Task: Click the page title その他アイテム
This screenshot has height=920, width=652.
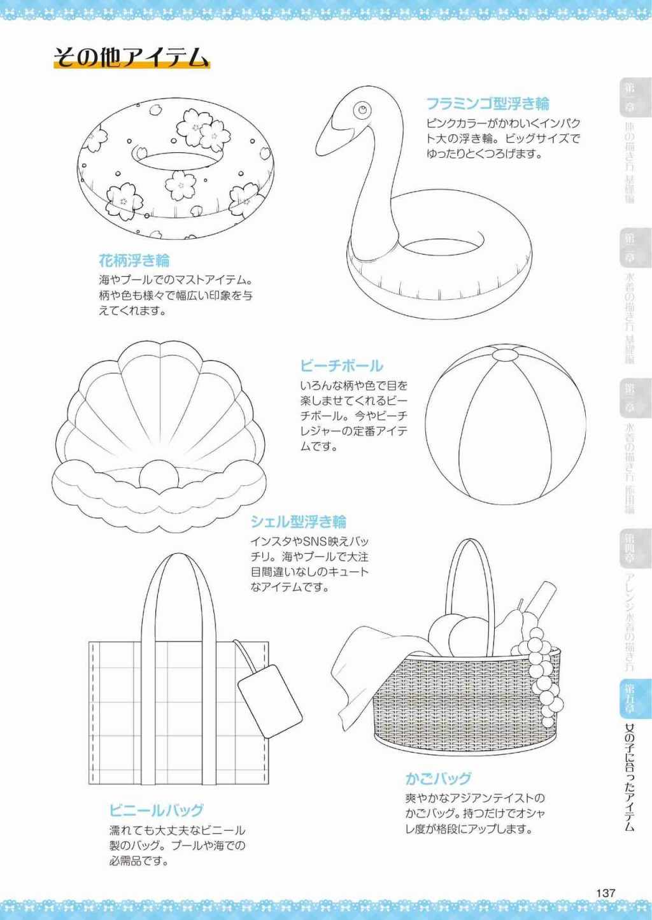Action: click(x=132, y=58)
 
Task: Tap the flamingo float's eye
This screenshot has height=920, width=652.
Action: click(x=362, y=110)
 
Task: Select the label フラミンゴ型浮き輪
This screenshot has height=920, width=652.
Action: click(x=487, y=103)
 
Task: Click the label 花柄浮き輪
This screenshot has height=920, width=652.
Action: click(x=134, y=260)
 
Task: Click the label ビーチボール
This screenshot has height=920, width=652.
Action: click(x=341, y=365)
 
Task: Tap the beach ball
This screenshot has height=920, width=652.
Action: click(x=505, y=425)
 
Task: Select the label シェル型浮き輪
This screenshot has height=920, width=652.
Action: click(x=298, y=522)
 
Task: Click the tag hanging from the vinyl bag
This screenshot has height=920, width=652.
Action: click(x=269, y=700)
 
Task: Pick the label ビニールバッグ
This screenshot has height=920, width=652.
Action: click(x=156, y=810)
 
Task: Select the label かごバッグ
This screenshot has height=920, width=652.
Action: click(x=438, y=778)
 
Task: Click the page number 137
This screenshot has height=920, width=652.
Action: click(x=606, y=893)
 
